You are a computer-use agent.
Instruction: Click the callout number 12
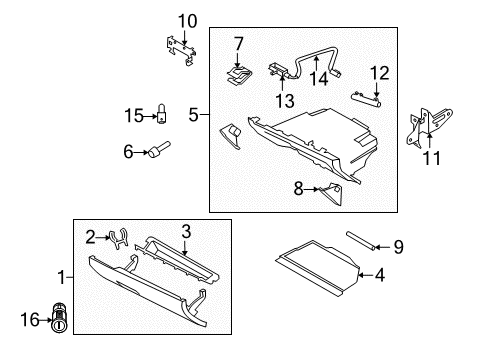pyautogui.click(x=378, y=72)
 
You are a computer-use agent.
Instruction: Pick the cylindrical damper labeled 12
pyautogui.click(x=367, y=95)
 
